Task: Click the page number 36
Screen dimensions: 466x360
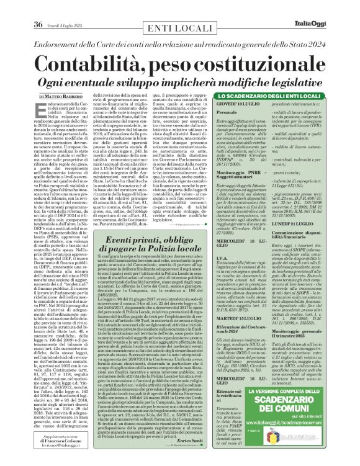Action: coord(14,7)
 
